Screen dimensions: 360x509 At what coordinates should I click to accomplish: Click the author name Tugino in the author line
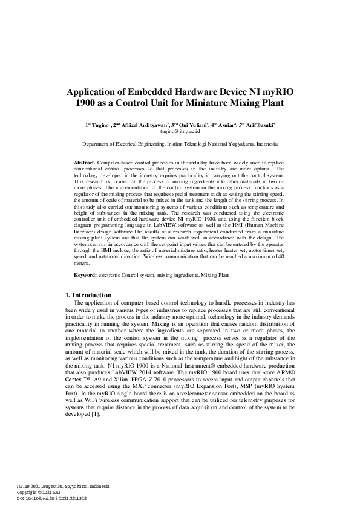tap(98, 125)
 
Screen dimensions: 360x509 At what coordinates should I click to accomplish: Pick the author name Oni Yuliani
tap(193, 125)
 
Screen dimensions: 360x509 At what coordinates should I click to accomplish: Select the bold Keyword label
tap(85, 275)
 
